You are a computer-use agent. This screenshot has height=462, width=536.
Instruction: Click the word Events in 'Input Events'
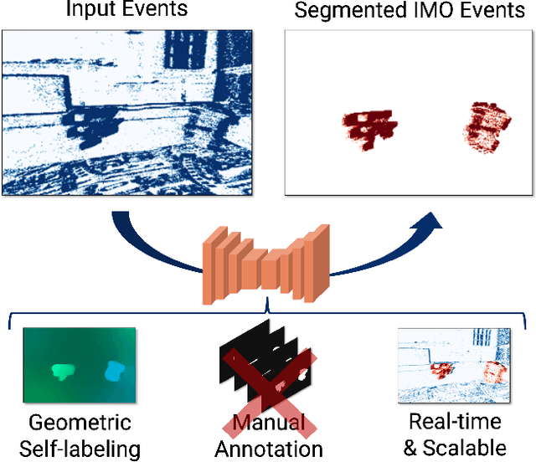coord(156,11)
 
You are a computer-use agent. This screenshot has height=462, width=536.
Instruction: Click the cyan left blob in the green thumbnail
coord(63,369)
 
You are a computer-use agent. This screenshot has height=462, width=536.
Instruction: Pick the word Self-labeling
coord(81,449)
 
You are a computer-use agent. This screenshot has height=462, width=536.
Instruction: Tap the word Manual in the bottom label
coord(270,423)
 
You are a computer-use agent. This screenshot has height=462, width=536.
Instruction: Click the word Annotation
coord(269,449)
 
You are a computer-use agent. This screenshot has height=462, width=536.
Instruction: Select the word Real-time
coord(455,421)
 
